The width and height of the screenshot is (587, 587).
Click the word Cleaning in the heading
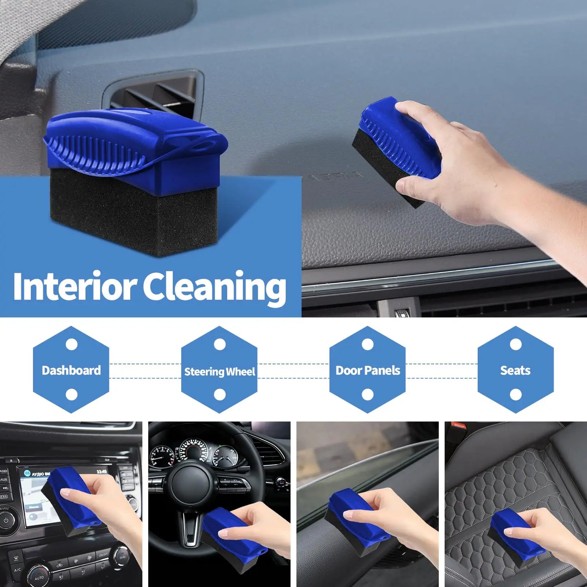tap(214, 288)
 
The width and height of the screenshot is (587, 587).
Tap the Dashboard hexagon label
tap(71, 370)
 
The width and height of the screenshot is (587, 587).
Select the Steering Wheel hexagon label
tap(219, 371)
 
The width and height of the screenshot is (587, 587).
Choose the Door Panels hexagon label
tap(368, 370)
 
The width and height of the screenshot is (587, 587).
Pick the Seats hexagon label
tap(515, 370)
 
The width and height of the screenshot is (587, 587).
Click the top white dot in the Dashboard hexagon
tap(71, 344)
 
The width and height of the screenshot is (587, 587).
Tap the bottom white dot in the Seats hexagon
tap(516, 394)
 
